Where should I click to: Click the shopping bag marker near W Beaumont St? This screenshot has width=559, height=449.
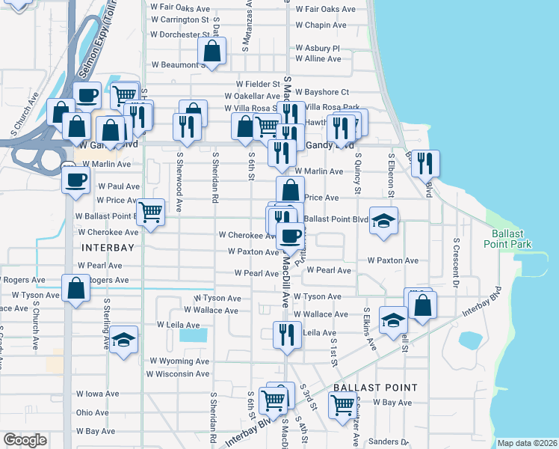click(x=212, y=52)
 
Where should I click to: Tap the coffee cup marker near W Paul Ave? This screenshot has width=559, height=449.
click(x=76, y=180)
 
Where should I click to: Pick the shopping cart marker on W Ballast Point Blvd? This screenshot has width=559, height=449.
click(x=151, y=212)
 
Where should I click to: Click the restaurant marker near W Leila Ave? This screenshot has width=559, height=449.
click(x=286, y=335)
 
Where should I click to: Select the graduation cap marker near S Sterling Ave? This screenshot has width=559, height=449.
click(x=124, y=340)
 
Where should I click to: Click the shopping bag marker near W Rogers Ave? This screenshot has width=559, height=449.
click(x=75, y=288)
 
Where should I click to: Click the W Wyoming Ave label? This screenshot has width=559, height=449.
click(x=179, y=361)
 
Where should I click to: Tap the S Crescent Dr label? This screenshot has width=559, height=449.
click(x=455, y=263)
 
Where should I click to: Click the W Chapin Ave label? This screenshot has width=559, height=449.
click(x=321, y=25)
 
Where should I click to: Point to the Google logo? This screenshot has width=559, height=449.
click(x=25, y=439)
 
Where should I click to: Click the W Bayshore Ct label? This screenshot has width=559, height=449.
click(x=322, y=92)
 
